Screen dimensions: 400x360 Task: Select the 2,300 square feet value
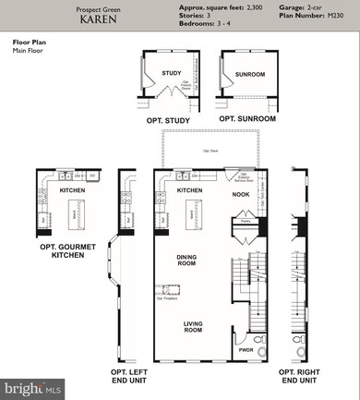(x=244, y=6)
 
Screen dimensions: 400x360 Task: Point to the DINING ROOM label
(x=188, y=261)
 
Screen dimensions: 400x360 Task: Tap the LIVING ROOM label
(x=193, y=327)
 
